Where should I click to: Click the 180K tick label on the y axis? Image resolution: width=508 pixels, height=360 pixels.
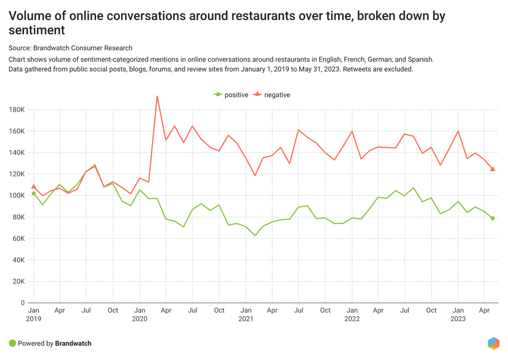click(x=17, y=110)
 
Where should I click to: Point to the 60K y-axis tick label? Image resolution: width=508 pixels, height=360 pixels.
click(x=19, y=238)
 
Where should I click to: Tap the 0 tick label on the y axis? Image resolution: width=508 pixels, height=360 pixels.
click(x=23, y=302)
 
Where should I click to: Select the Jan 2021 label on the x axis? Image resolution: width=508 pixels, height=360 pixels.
click(x=245, y=314)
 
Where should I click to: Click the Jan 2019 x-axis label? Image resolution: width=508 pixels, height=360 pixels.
click(x=33, y=314)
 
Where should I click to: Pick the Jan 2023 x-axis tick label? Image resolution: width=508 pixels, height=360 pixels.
click(x=458, y=314)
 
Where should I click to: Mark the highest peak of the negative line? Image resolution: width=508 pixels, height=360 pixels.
click(x=157, y=96)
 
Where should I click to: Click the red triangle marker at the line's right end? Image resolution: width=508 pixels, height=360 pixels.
click(x=493, y=169)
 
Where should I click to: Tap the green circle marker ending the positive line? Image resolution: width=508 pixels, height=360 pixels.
click(x=493, y=218)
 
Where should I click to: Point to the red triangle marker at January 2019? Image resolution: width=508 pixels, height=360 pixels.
click(x=34, y=186)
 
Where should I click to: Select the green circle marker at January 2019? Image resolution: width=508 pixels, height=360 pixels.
click(x=34, y=194)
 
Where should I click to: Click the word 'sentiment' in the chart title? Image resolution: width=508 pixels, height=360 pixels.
click(x=37, y=30)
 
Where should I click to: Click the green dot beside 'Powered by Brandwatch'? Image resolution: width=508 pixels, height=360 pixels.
click(x=12, y=343)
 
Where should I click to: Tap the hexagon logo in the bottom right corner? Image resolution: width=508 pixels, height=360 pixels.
click(x=493, y=343)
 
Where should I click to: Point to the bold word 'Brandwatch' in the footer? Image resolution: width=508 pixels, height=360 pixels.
click(x=73, y=343)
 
